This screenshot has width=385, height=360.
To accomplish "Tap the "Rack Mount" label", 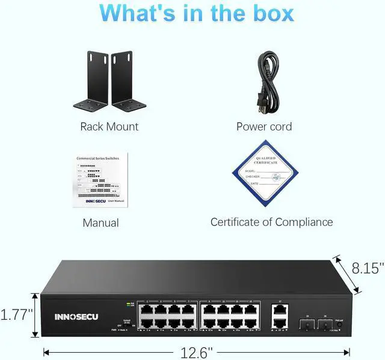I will click(x=109, y=126).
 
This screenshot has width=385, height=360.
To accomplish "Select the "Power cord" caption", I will click(x=263, y=126).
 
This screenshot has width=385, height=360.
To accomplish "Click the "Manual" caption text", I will click(x=100, y=222).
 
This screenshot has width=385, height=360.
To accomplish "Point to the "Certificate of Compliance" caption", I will click(x=271, y=222).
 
